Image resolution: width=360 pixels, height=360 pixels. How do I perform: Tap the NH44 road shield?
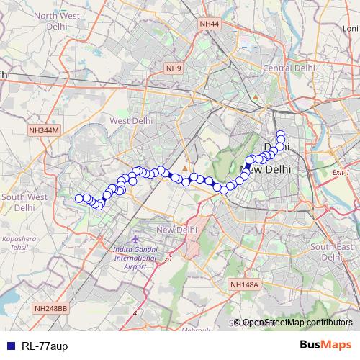pyautogui.click(x=210, y=24)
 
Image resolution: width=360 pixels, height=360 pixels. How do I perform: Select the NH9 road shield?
pyautogui.click(x=174, y=68)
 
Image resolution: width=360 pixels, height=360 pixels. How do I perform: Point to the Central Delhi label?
pyautogui.click(x=286, y=68)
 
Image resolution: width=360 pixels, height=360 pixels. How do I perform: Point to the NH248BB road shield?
pyautogui.click(x=50, y=308)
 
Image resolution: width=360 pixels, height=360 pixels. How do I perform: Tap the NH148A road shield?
pyautogui.click(x=244, y=285)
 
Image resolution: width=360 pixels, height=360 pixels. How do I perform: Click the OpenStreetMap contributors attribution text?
pyautogui.click(x=297, y=323)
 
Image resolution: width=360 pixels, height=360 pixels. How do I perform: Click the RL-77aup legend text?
pyautogui.click(x=44, y=346)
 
